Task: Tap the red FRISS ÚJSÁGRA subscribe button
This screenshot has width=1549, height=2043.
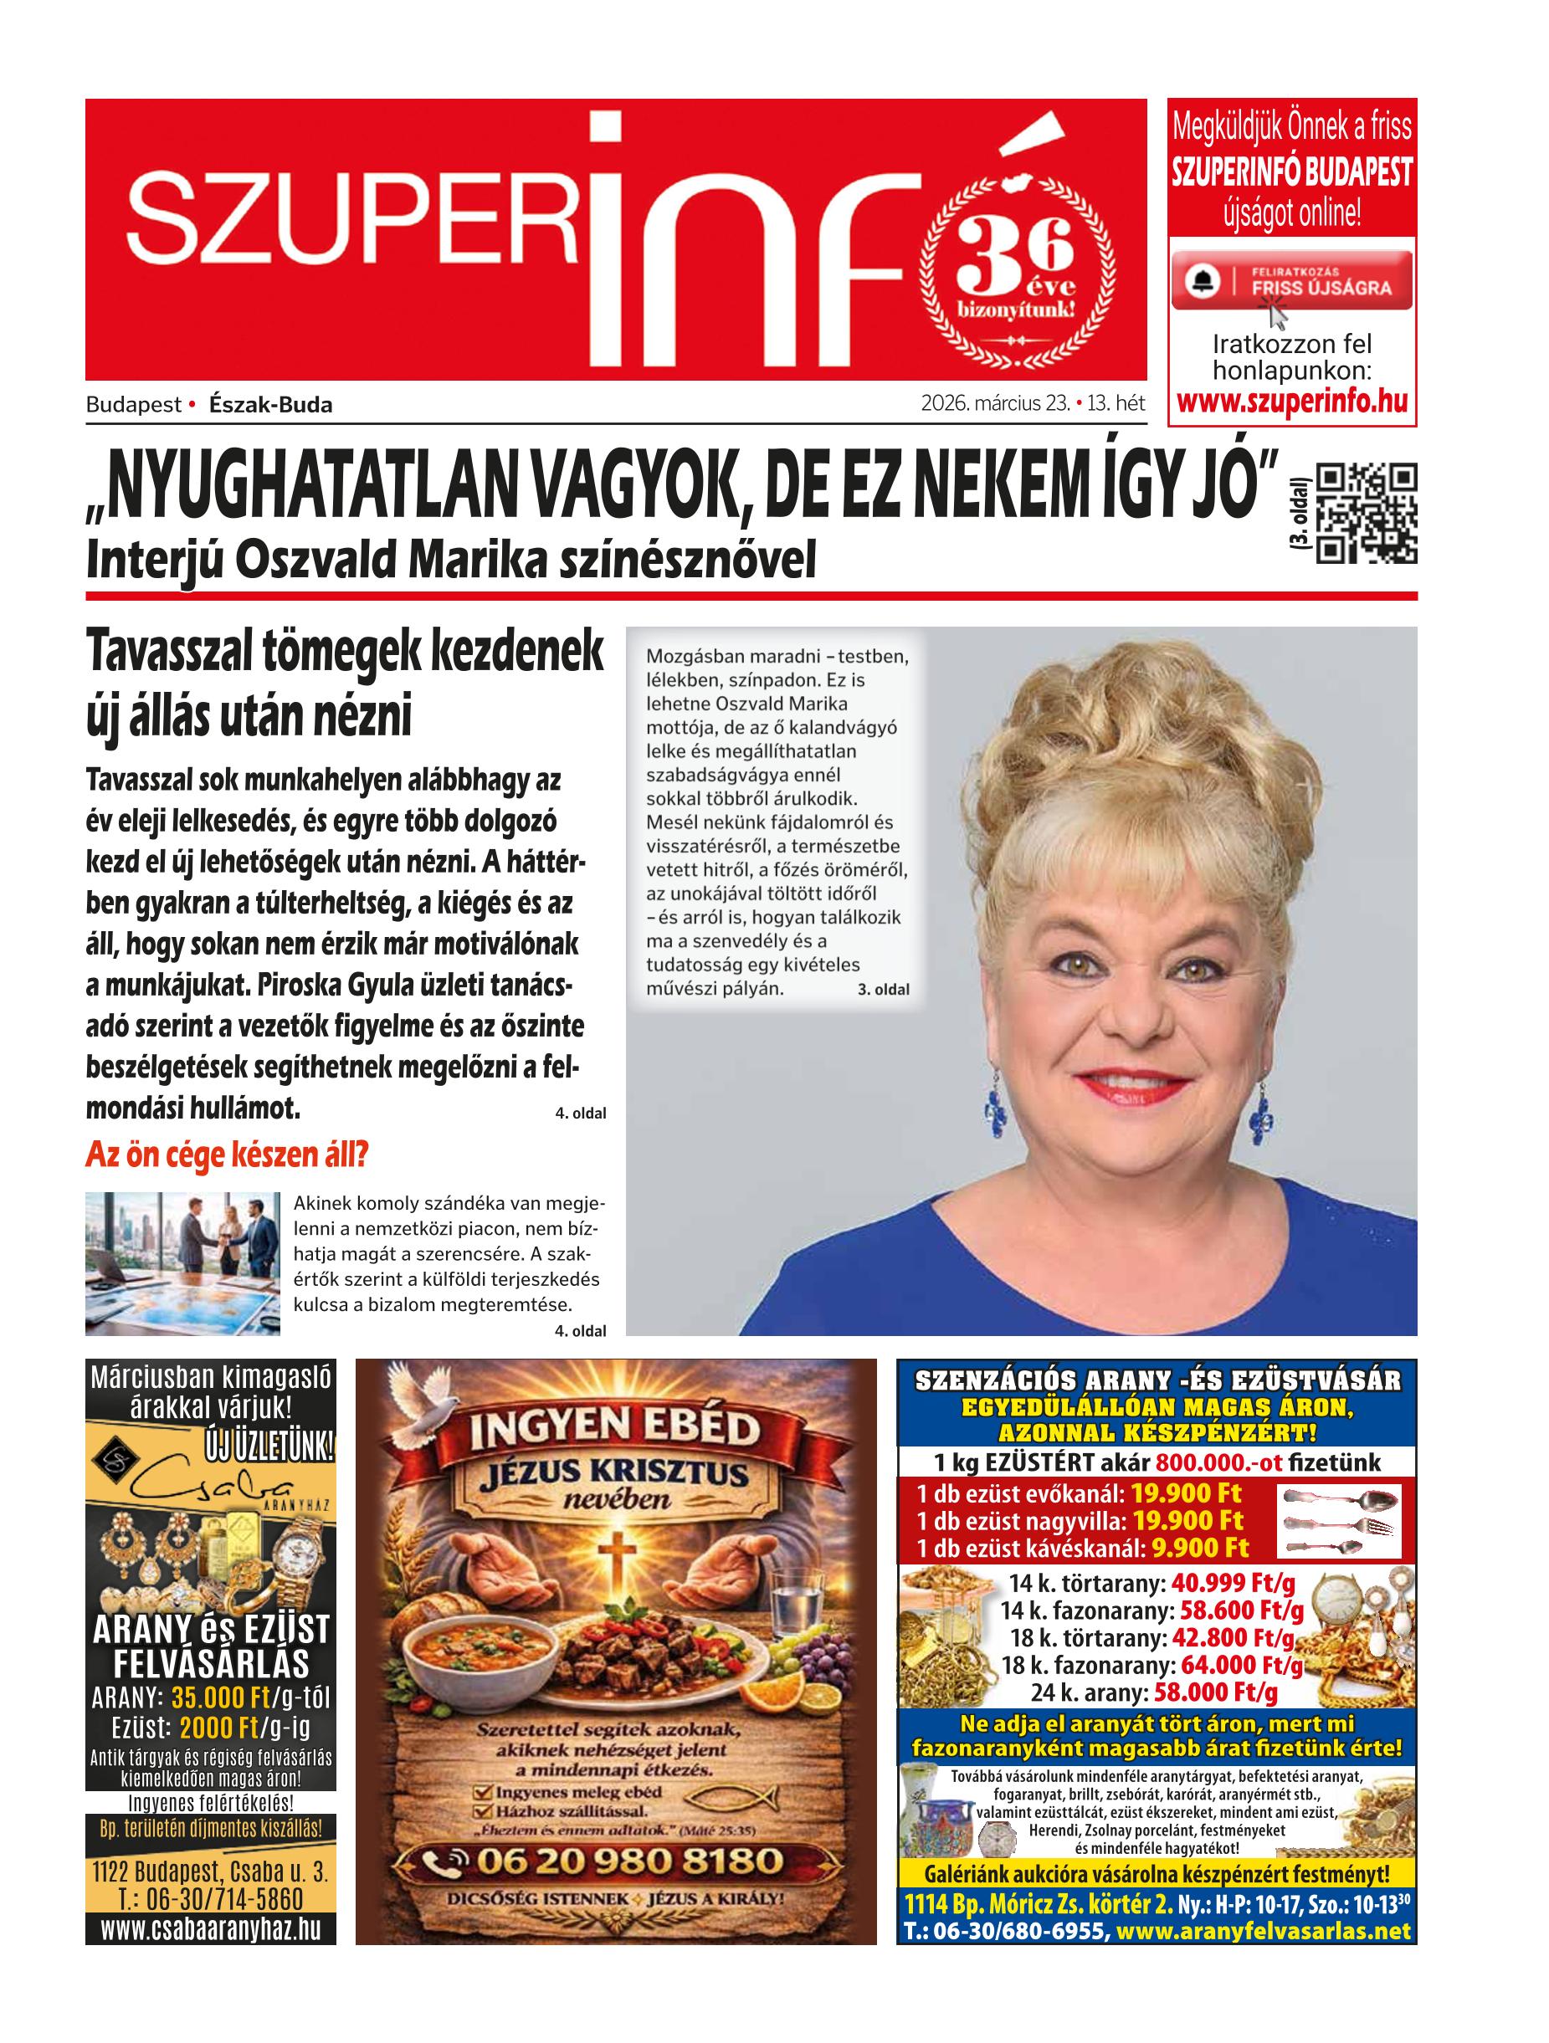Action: [x=1292, y=280]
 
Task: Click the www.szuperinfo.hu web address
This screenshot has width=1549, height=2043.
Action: [x=1292, y=402]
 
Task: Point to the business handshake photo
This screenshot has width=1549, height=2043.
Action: [x=182, y=1263]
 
